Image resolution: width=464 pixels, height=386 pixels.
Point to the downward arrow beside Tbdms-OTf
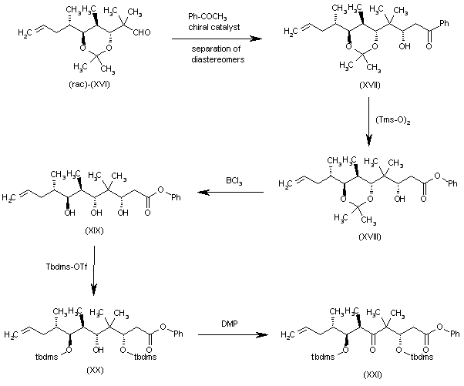(x=94, y=267)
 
